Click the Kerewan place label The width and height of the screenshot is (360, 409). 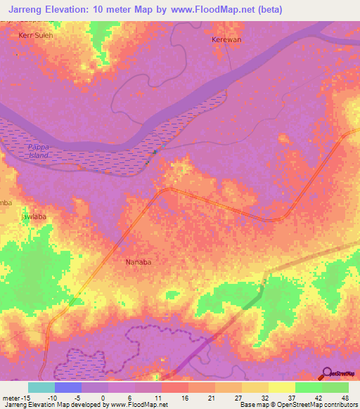pos(226,40)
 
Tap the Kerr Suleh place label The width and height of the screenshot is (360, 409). pos(35,34)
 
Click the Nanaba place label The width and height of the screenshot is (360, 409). pos(139,262)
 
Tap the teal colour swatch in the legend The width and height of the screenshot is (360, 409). pos(41,387)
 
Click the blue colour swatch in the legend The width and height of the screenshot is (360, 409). pos(67,387)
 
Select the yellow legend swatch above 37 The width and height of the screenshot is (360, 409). pos(281,387)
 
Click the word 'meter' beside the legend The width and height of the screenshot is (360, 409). pos(10,397)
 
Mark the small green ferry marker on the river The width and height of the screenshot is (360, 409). pos(155,152)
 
